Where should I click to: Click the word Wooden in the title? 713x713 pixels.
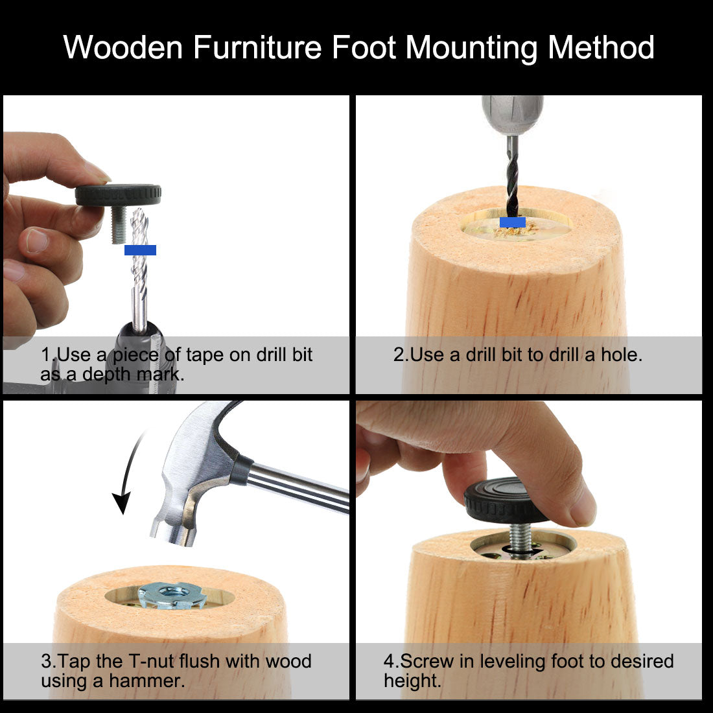tap(123, 47)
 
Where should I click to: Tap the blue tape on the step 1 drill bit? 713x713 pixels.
tap(140, 250)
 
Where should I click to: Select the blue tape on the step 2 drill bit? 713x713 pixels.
tap(513, 222)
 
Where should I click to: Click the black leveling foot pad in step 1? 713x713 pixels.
tap(118, 195)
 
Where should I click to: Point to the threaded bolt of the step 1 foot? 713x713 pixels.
tap(119, 225)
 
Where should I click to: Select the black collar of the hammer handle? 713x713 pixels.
tap(240, 470)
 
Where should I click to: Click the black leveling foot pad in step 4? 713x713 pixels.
tap(506, 500)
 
